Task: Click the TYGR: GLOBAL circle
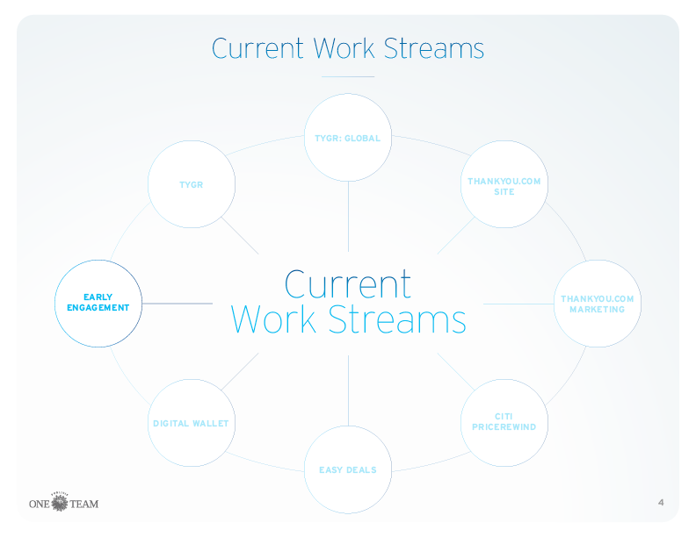click(x=348, y=138)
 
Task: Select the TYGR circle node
click(x=192, y=185)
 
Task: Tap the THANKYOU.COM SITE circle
click(x=504, y=185)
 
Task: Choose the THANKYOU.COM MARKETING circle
click(x=597, y=304)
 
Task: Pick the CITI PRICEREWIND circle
click(x=504, y=422)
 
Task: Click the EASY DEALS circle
click(x=348, y=469)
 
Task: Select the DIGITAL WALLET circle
click(x=192, y=422)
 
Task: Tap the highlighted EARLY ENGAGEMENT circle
click(x=98, y=304)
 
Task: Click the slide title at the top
click(x=348, y=47)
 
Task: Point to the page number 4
click(x=660, y=503)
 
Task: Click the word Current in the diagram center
click(x=348, y=283)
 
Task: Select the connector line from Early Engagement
click(x=177, y=304)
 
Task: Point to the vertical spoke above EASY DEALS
click(x=348, y=390)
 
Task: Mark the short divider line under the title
click(x=348, y=77)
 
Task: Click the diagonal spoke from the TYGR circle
click(x=239, y=234)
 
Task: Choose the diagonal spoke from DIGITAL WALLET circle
click(x=239, y=372)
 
